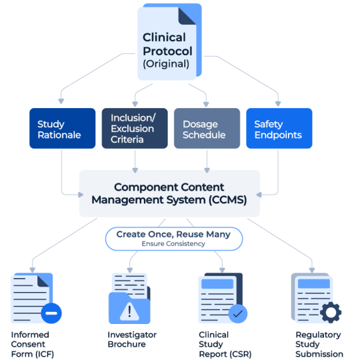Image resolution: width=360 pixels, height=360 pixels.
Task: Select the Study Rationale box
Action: [59, 129]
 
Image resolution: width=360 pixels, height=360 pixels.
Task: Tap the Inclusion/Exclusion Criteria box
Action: [135, 129]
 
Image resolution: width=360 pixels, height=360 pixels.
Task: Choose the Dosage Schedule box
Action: [207, 129]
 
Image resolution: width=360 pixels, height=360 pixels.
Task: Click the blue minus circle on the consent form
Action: [51, 313]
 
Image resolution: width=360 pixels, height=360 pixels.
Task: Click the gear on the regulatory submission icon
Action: [331, 311]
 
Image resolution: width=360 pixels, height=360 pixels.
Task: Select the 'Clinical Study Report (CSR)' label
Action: [224, 344]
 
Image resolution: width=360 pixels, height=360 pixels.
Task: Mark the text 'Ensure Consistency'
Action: [173, 245]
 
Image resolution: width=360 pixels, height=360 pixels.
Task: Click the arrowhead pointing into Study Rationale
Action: [61, 101]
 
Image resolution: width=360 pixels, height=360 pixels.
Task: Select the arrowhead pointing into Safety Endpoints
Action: [277, 101]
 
